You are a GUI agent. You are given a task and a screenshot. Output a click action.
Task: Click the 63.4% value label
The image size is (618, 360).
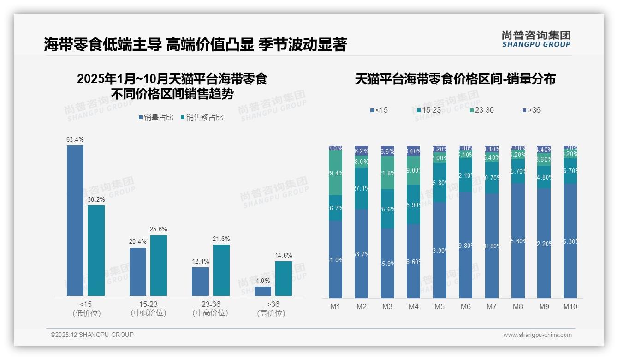[x=75, y=140]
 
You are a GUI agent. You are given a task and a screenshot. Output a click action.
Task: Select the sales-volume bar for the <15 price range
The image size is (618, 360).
[x=75, y=221]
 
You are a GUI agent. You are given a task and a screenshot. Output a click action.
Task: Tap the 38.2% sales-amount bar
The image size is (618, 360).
[x=96, y=251]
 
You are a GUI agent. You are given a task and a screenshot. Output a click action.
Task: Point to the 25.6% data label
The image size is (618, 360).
[x=159, y=229]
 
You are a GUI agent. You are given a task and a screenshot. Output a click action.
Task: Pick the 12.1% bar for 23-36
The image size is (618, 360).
[x=200, y=282]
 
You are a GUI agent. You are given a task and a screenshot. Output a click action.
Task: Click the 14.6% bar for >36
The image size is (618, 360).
[x=284, y=278]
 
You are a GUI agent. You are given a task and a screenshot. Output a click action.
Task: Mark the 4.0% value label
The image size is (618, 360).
[x=263, y=281]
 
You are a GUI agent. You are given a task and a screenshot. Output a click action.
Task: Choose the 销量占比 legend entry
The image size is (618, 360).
[x=156, y=118]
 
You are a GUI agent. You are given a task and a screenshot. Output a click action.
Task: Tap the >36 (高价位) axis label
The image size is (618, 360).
[x=271, y=309]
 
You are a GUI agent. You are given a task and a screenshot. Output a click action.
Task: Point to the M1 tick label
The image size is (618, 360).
[x=335, y=306]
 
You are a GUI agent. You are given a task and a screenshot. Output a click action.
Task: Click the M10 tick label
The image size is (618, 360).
[x=570, y=306]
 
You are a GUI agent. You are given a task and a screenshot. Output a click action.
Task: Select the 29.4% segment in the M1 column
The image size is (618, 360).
[x=335, y=173]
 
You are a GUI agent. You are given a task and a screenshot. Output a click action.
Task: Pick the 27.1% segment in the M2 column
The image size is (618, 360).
[x=361, y=188]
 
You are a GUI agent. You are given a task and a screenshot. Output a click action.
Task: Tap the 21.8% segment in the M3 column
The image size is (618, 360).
[x=387, y=173]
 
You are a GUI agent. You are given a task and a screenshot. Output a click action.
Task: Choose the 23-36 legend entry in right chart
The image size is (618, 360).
[x=481, y=110]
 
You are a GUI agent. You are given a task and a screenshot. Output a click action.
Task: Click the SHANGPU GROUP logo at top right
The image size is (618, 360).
[x=536, y=39]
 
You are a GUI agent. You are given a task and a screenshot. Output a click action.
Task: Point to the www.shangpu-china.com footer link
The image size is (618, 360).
[x=537, y=335]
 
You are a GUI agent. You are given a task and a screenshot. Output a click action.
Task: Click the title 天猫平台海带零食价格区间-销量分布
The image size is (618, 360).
[x=455, y=79]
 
